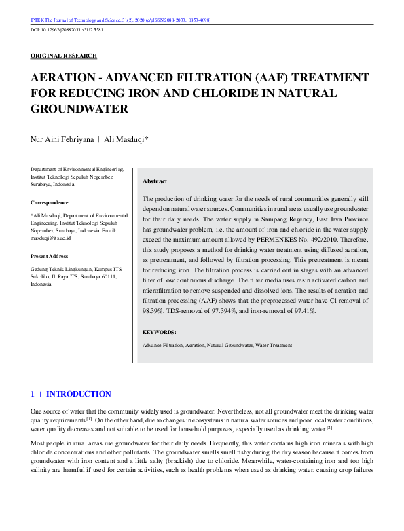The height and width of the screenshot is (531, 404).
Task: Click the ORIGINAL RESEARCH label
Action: (64, 56)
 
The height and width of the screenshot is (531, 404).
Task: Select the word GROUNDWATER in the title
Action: (80, 108)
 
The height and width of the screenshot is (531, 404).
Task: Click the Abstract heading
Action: (155, 181)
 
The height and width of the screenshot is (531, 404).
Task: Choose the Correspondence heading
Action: (50, 202)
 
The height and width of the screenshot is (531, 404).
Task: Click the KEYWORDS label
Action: (160, 332)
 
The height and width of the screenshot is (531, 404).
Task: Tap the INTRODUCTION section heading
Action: (78, 394)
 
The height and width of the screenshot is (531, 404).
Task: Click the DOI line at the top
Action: (66, 31)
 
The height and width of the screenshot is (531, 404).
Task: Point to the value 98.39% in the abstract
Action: (154, 310)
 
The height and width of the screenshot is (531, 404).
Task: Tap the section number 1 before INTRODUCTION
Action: (33, 394)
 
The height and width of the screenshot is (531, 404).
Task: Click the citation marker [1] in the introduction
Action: (88, 420)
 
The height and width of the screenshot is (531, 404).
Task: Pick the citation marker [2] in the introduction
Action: (330, 427)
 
